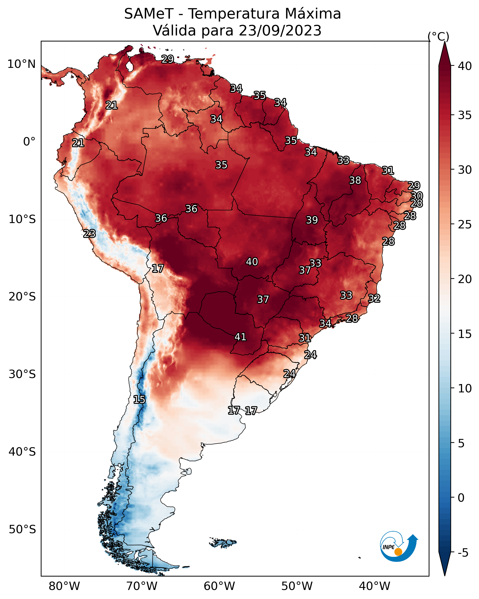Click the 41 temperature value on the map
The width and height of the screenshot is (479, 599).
click(241, 337)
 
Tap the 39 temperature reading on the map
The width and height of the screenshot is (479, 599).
click(312, 220)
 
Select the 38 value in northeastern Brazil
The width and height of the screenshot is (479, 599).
click(355, 180)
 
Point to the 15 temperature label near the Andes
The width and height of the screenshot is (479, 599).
click(139, 400)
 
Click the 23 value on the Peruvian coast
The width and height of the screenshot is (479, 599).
click(89, 234)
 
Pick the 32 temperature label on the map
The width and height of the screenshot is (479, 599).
click(374, 298)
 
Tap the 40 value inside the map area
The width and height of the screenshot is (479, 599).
click(252, 262)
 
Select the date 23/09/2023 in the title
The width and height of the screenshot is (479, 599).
click(280, 31)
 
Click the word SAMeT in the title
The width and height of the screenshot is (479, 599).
click(149, 14)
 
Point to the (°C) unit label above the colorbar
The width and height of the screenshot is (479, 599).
click(438, 36)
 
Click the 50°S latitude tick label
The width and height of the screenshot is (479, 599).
click(22, 529)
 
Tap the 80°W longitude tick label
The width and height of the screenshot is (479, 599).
click(64, 586)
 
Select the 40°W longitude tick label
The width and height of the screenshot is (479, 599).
click(374, 586)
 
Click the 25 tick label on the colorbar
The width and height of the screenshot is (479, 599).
click(465, 224)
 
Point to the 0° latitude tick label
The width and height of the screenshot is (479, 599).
click(29, 142)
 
